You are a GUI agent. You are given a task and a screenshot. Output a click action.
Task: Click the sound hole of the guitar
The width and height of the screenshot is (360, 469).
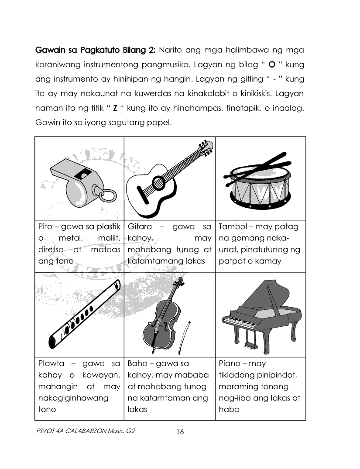pyautogui.click(x=158, y=183)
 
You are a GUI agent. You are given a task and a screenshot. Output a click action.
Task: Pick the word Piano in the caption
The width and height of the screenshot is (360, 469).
pyautogui.click(x=231, y=364)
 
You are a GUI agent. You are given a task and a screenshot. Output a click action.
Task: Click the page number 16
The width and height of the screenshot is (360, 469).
pyautogui.click(x=180, y=432)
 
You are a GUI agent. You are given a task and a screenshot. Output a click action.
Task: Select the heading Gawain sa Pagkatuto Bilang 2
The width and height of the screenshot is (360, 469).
pyautogui.click(x=95, y=50)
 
